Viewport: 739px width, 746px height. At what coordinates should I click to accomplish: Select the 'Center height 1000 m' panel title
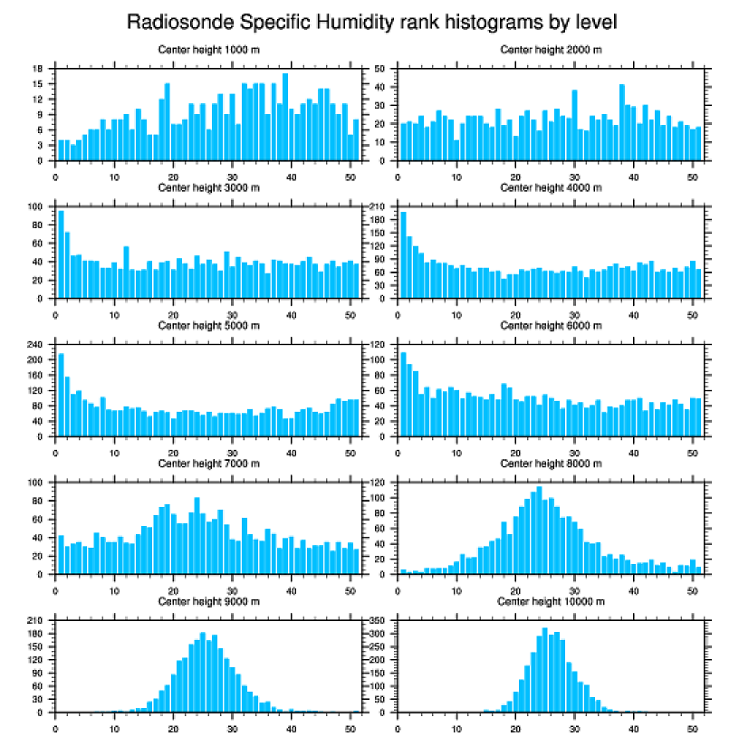click(209, 49)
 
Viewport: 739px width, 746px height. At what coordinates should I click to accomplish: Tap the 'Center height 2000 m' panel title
click(551, 49)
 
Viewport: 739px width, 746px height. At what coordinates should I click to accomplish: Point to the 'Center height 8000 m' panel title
click(551, 464)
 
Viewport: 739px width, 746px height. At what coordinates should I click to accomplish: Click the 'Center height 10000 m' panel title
click(551, 601)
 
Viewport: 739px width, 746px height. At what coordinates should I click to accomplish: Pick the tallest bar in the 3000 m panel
click(61, 254)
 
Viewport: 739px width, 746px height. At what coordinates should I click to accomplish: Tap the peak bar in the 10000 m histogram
click(544, 670)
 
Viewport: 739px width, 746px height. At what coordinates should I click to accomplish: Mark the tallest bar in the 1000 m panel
click(285, 117)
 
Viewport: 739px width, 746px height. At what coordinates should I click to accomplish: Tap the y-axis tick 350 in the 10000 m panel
click(379, 620)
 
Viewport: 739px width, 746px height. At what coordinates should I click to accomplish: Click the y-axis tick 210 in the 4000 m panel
click(379, 206)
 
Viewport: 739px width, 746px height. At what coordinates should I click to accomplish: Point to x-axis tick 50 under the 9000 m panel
click(350, 726)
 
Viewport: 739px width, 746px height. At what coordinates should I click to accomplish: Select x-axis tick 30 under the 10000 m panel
click(574, 726)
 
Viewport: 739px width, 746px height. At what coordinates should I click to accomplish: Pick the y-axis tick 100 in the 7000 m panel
click(36, 483)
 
